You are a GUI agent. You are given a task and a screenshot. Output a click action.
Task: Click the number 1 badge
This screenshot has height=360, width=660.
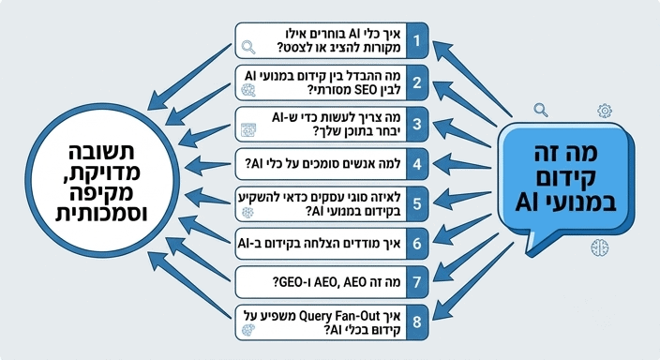(x=417, y=40)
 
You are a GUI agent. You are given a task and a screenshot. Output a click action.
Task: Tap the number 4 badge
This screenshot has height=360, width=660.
(x=417, y=164)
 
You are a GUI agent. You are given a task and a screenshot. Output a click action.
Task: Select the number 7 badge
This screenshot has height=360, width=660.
(x=417, y=281)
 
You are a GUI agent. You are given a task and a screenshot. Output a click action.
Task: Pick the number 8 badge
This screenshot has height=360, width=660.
(x=417, y=322)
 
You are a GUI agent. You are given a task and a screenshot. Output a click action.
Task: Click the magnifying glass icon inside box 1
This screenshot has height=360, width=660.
(x=248, y=47)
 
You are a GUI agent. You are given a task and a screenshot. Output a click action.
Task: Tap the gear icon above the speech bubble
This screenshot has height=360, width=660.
(x=605, y=111)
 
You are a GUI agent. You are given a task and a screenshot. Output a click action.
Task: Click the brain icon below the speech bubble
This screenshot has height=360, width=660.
(x=599, y=247)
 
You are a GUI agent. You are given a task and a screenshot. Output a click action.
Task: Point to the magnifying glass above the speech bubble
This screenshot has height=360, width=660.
(x=541, y=110)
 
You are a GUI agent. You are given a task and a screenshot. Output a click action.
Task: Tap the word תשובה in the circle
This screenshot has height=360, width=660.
(x=101, y=153)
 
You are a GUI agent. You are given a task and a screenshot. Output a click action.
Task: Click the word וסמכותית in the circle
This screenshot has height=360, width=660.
(x=101, y=213)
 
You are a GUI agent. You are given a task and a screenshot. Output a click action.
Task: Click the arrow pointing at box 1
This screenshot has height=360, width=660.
(x=472, y=79)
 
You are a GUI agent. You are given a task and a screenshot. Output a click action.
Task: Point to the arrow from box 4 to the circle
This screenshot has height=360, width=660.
(x=207, y=165)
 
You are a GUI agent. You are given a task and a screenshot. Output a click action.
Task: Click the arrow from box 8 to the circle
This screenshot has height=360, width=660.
(x=189, y=284)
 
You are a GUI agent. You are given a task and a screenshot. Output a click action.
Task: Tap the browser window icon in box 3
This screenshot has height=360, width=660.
(x=248, y=130)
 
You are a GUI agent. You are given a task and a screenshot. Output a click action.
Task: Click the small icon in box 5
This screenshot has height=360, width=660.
(x=247, y=212)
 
